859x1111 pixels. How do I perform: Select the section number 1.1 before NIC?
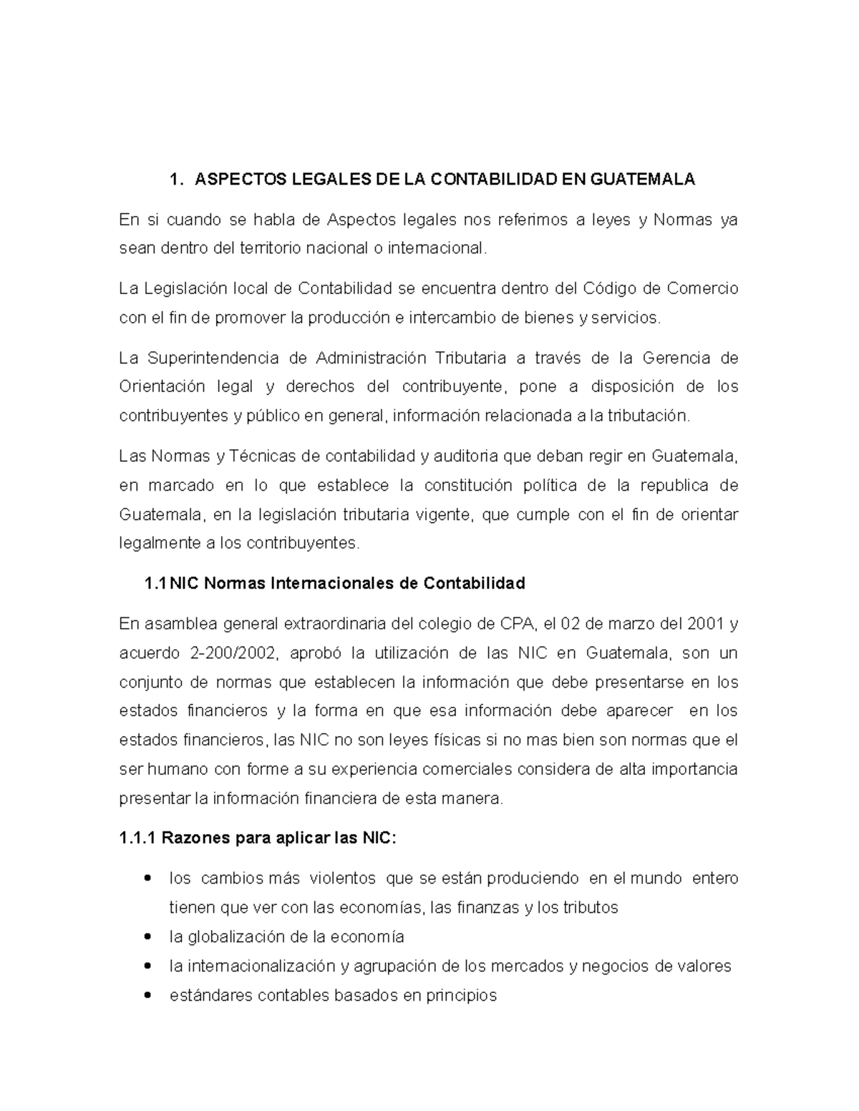[x=155, y=584]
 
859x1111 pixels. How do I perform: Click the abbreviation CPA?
[x=515, y=624]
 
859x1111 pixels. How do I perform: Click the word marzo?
[x=634, y=624]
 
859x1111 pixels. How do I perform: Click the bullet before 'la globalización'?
[x=148, y=936]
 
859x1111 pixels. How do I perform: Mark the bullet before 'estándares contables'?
[x=148, y=995]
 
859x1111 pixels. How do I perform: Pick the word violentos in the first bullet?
[x=342, y=878]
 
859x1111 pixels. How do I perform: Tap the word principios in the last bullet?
[x=461, y=995]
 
